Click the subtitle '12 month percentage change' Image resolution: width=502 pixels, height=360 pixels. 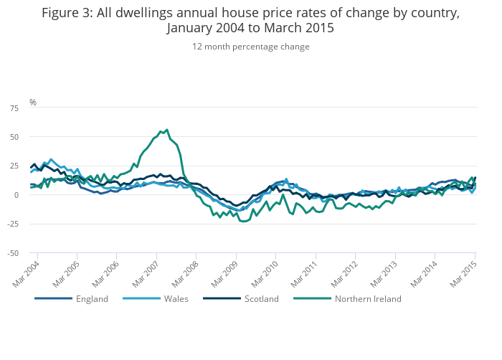tap(250, 47)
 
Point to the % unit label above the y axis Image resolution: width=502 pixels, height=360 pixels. tap(32, 103)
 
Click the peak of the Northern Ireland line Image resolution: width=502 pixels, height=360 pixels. tap(167, 130)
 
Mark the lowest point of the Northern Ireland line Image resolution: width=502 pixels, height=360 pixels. tap(244, 222)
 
